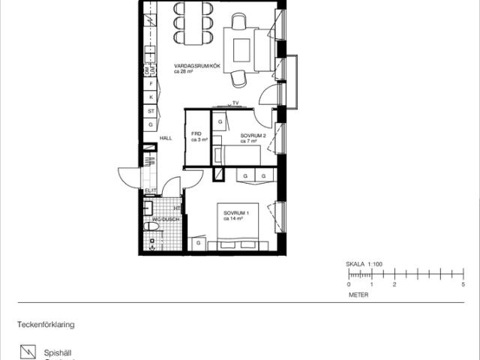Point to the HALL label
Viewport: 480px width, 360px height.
[x=166, y=138]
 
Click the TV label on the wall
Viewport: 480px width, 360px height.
[x=235, y=102]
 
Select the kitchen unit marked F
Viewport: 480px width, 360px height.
[x=151, y=84]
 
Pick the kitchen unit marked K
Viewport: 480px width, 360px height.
[x=151, y=97]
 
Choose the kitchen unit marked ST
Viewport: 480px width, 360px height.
[x=151, y=111]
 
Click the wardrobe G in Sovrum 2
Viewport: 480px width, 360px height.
[x=220, y=121]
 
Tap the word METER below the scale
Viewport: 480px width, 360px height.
[x=358, y=295]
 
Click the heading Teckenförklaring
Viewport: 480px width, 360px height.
[x=46, y=325]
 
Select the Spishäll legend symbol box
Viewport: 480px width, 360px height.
[x=28, y=351]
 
